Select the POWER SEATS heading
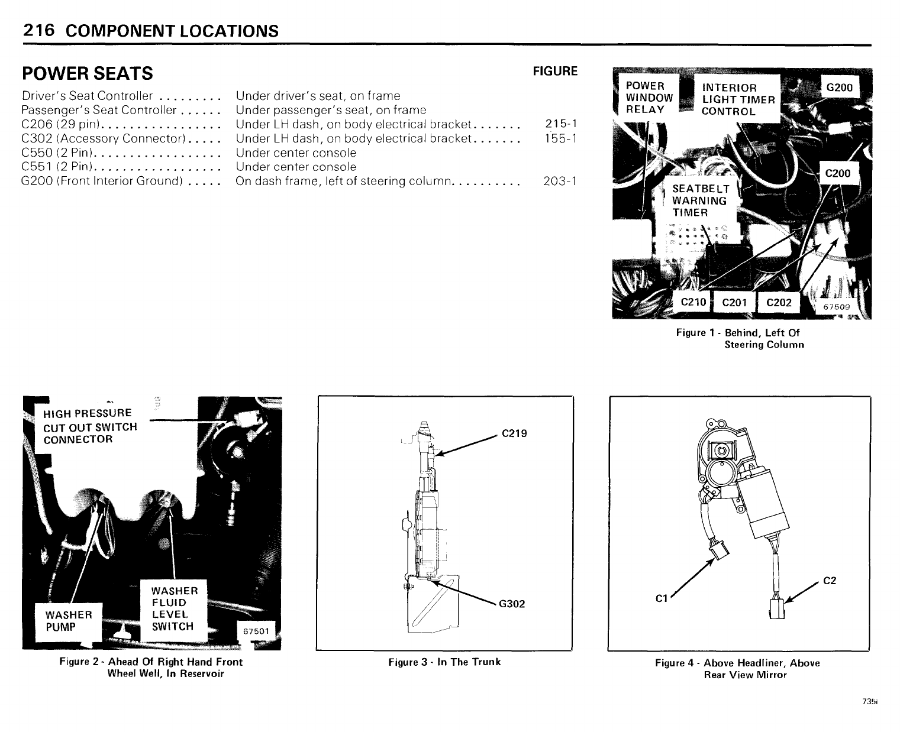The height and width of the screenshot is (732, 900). click(x=87, y=73)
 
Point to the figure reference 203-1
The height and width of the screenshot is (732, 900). click(x=560, y=181)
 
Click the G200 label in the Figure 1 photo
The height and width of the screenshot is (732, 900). click(x=839, y=88)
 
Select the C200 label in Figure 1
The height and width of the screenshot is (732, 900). click(x=837, y=173)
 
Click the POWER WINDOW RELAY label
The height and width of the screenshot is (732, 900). click(x=649, y=98)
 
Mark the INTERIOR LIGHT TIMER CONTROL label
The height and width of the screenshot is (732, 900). click(x=738, y=99)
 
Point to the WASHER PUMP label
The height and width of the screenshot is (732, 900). click(x=69, y=621)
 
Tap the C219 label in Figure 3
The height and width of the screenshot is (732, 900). click(x=514, y=433)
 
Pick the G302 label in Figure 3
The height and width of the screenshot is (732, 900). click(x=512, y=604)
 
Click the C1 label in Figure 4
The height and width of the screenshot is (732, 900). click(x=662, y=598)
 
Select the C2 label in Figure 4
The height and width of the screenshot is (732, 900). click(x=830, y=581)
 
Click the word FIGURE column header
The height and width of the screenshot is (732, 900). click(x=555, y=72)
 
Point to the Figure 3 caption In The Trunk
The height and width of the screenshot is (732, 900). click(x=444, y=662)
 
